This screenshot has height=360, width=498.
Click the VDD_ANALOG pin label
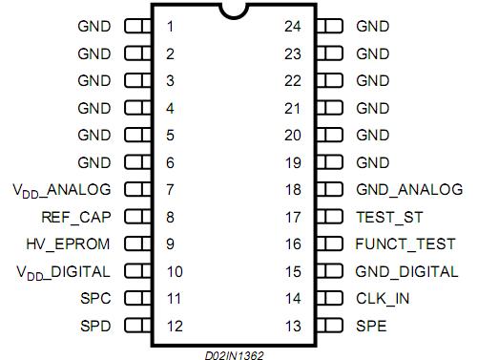(x=62, y=190)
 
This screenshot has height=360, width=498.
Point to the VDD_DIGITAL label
(x=63, y=272)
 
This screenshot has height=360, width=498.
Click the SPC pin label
(x=96, y=299)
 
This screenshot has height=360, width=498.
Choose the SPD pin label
(x=96, y=327)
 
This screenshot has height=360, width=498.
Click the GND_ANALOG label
(x=409, y=190)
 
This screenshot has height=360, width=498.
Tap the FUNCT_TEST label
(x=405, y=244)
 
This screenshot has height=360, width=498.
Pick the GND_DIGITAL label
(x=407, y=272)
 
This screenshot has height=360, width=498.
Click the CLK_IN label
(x=383, y=299)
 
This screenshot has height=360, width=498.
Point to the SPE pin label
(x=372, y=327)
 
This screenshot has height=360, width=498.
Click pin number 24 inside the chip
(x=293, y=26)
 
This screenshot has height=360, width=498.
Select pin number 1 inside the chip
(x=170, y=26)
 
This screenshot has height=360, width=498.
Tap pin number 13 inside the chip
(x=293, y=327)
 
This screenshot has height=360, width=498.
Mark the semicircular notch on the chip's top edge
(x=233, y=11)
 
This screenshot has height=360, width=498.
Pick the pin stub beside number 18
(x=329, y=190)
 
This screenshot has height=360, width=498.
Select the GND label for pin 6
(x=93, y=162)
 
